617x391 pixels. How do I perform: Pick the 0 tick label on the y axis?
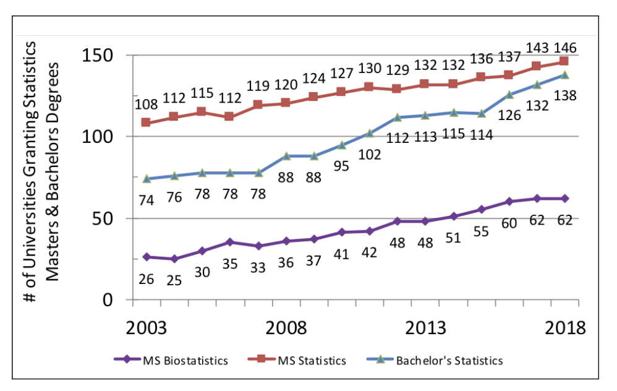112,300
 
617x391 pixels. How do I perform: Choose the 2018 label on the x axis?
564,328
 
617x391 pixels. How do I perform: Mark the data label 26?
146,279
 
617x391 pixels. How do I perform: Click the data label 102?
370,154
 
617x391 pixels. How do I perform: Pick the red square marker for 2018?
564,61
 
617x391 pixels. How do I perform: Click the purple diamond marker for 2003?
146,257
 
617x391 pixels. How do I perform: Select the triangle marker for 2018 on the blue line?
564,75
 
